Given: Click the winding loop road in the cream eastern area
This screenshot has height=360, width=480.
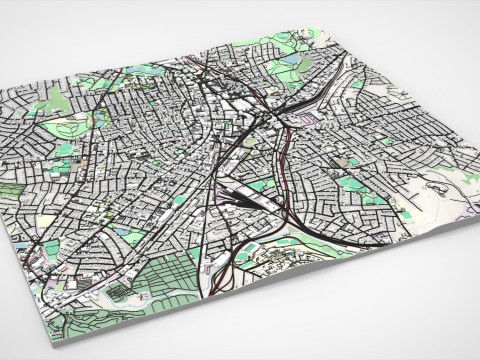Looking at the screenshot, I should click(435, 185).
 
